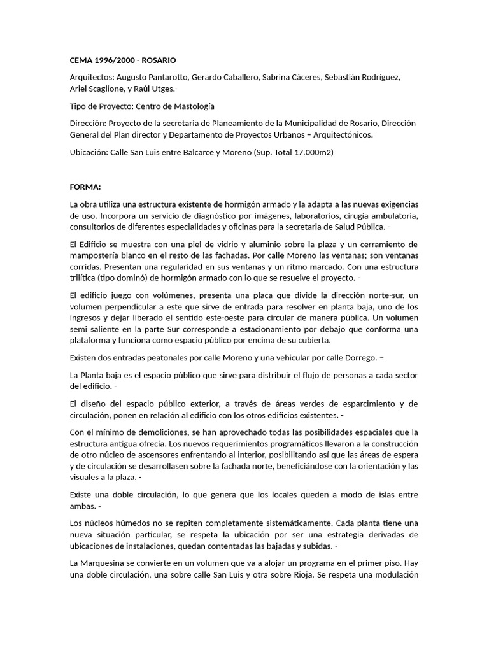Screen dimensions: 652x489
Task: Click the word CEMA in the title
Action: click(81, 60)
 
